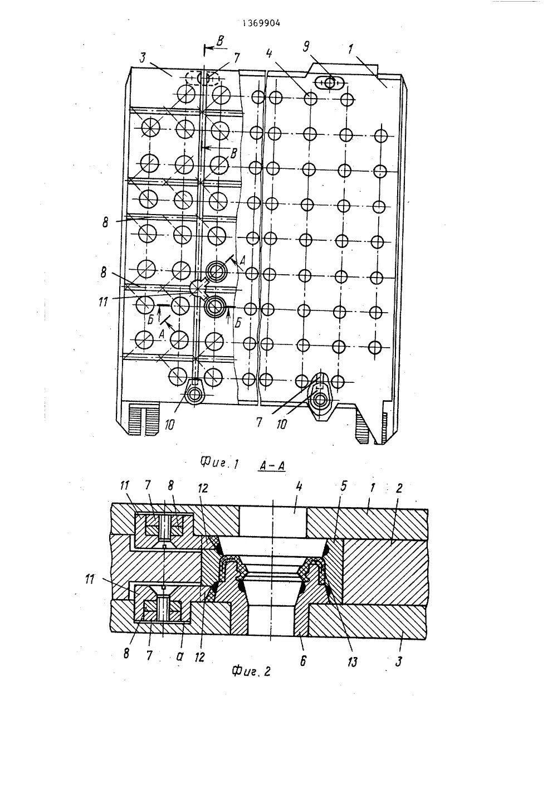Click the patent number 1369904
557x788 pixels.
point(261,23)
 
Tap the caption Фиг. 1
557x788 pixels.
point(218,462)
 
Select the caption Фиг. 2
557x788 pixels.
point(251,672)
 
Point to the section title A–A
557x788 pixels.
point(272,465)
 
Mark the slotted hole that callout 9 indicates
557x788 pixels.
point(329,83)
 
